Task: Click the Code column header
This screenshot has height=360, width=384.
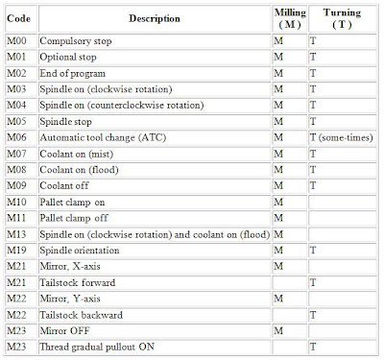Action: coord(21,18)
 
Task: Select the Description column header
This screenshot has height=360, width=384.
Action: coord(156,18)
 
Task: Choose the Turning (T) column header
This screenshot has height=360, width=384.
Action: coord(343,18)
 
